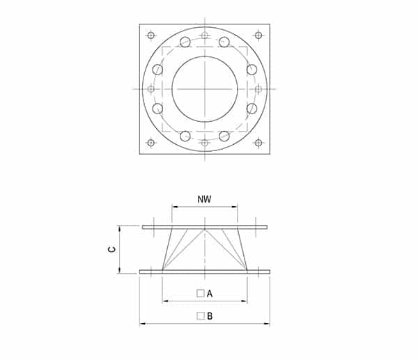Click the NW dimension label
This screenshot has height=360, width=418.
click(x=204, y=199)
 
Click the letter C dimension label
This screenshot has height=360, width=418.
click(x=112, y=249)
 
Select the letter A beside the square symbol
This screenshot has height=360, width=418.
click(x=210, y=294)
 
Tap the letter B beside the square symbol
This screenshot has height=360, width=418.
click(x=210, y=316)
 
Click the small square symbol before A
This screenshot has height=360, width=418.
click(x=201, y=293)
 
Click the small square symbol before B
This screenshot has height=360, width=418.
click(x=201, y=316)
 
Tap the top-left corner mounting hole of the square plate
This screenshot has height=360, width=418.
click(x=151, y=36)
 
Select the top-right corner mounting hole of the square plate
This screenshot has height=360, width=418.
click(x=258, y=36)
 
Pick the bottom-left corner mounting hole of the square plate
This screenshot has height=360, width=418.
click(x=151, y=143)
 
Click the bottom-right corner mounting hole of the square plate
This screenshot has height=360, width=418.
click(x=258, y=143)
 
